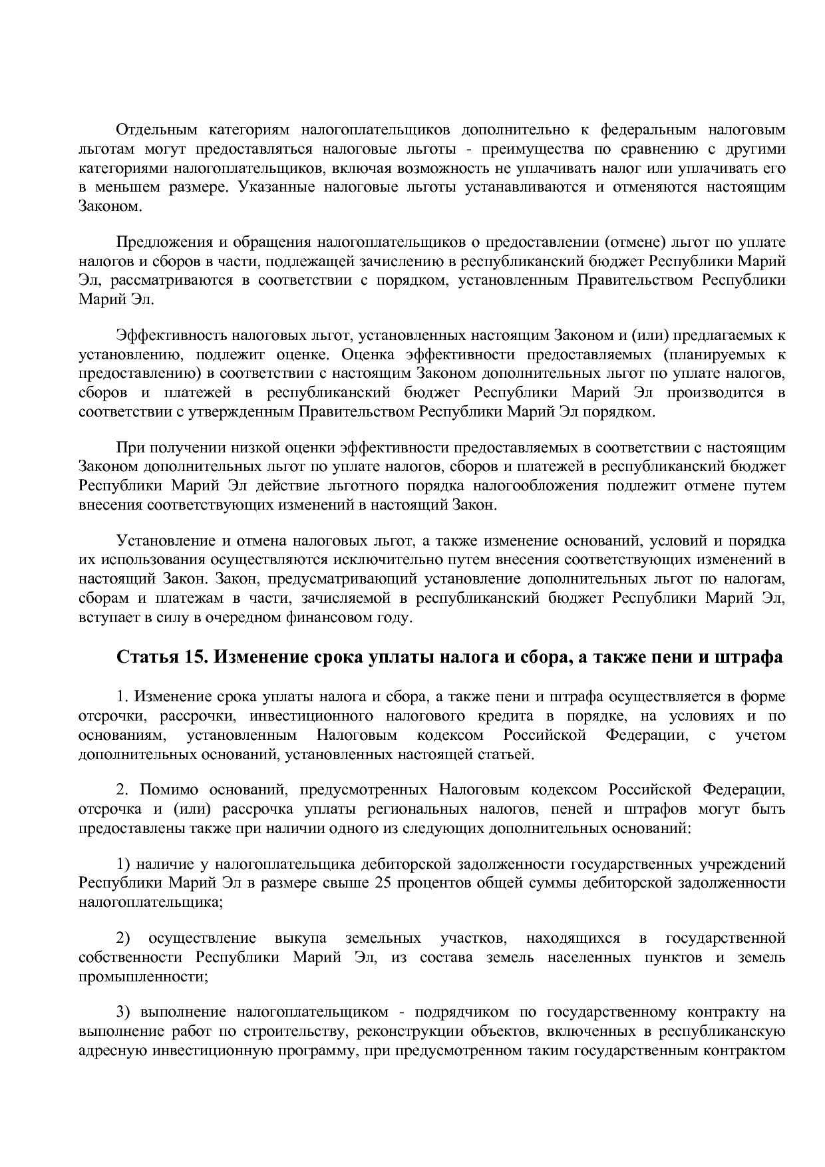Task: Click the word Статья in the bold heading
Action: click(143, 658)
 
